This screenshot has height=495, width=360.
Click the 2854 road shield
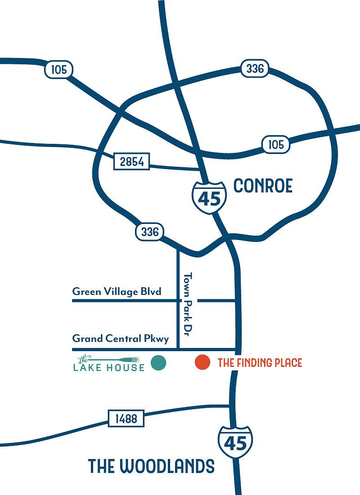[131, 161]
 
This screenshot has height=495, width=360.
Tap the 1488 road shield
[126, 419]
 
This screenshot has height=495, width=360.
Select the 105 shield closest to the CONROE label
[275, 144]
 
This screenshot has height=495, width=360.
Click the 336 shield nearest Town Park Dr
[149, 232]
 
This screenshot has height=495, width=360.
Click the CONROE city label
[263, 186]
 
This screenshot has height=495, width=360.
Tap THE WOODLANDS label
[151, 466]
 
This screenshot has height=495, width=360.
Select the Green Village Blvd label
[117, 291]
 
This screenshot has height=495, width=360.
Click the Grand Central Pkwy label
[120, 338]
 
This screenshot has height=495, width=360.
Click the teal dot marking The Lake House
[158, 363]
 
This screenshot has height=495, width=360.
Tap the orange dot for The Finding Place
[202, 362]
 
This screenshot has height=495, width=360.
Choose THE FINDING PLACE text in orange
[260, 363]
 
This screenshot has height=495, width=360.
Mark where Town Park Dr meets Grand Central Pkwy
[179, 349]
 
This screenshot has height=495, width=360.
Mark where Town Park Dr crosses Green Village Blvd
[179, 300]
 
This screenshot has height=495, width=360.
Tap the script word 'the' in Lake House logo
[83, 360]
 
